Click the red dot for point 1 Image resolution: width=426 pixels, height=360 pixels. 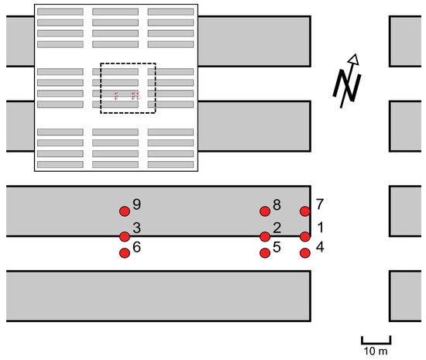point(304,236)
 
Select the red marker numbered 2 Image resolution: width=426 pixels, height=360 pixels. point(265,236)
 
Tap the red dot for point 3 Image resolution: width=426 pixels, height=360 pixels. point(124,236)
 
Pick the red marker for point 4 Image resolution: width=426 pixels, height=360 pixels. point(304,252)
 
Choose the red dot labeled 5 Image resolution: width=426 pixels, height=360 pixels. point(265,252)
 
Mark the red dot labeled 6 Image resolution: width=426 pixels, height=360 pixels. point(124,252)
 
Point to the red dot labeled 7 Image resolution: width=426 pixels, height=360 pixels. point(304,211)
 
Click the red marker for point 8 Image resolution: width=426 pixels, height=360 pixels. point(265,211)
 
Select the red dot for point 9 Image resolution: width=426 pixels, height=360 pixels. point(124,211)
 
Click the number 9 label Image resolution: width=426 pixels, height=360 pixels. point(136,204)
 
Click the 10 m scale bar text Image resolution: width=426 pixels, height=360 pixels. point(376,351)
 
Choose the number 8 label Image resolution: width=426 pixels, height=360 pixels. point(277,205)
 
